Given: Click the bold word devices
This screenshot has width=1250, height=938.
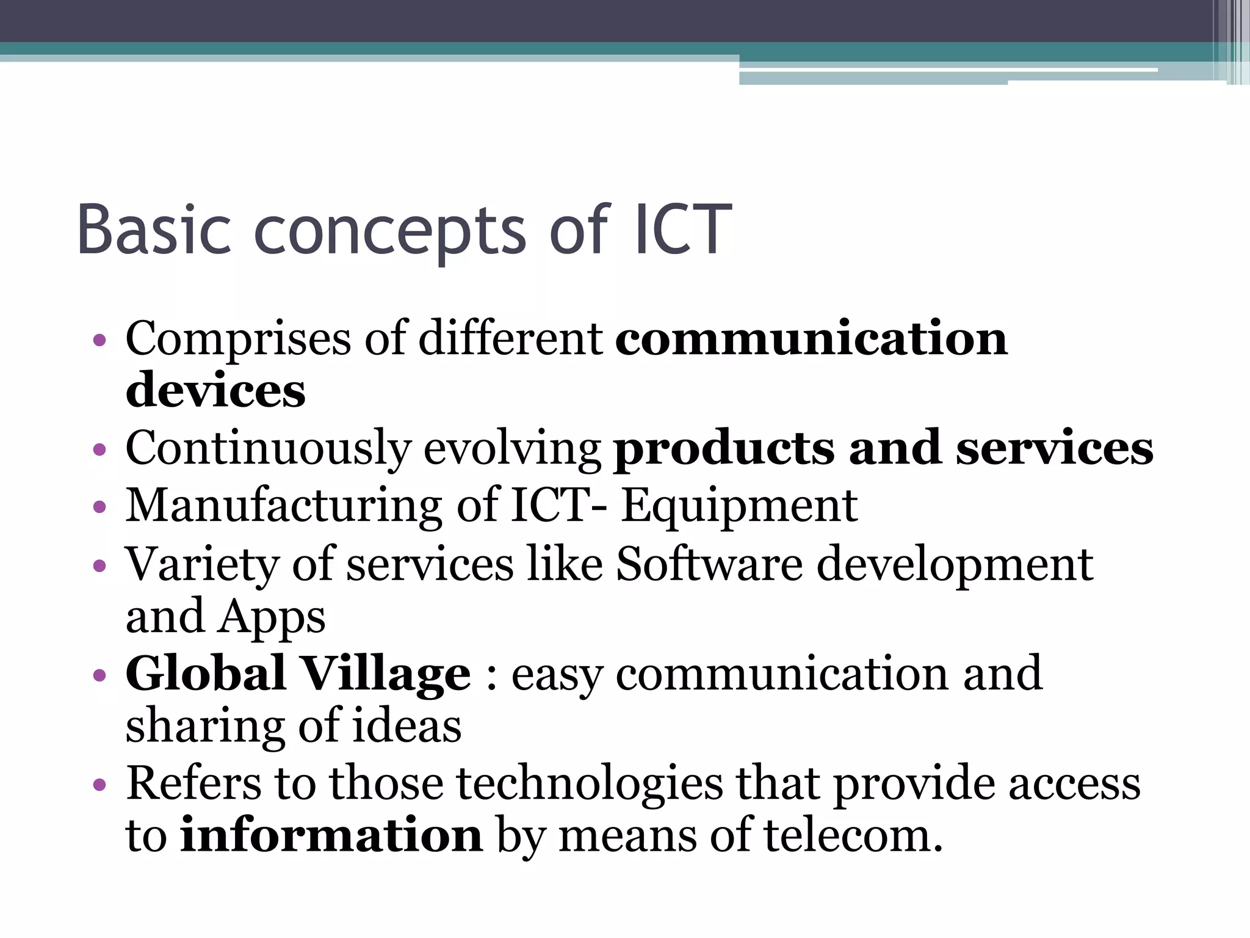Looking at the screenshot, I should tap(215, 390).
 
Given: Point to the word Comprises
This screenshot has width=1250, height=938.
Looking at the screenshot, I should tap(238, 340).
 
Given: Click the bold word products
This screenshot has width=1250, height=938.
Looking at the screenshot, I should tap(723, 449).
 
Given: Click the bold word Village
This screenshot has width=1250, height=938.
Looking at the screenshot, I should tap(387, 673).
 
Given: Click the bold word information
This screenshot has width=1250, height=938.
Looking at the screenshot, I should tap(331, 835).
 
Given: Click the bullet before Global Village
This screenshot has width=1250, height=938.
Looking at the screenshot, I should tap(99, 675).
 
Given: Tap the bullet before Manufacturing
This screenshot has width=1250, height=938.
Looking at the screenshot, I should tap(99, 507).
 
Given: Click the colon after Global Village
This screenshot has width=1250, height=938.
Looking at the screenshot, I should tap(491, 675).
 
